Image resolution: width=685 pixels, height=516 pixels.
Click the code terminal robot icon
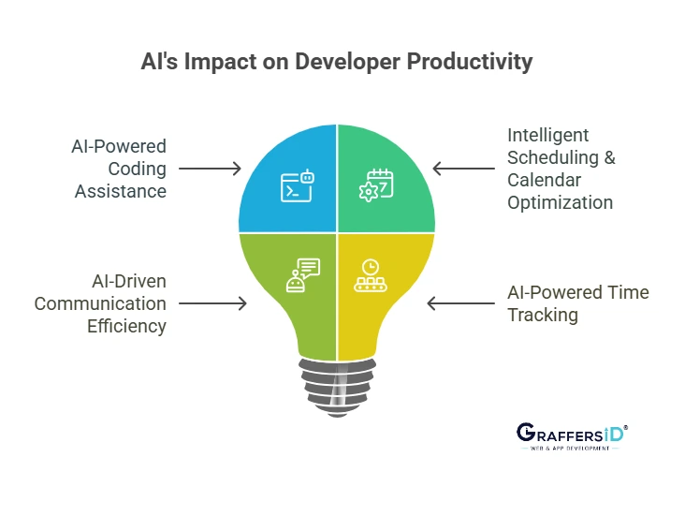click(x=299, y=186)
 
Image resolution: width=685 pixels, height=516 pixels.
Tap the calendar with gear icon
click(x=377, y=185)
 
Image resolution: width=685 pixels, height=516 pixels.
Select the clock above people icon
click(x=370, y=276)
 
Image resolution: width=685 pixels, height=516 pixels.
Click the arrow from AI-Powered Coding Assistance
click(x=210, y=170)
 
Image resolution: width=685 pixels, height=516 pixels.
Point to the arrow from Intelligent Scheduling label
click(x=464, y=170)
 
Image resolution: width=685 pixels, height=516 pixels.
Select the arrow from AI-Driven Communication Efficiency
click(x=212, y=303)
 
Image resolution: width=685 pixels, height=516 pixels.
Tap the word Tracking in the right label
click(x=543, y=315)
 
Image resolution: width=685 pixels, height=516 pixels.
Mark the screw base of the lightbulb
click(x=338, y=383)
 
